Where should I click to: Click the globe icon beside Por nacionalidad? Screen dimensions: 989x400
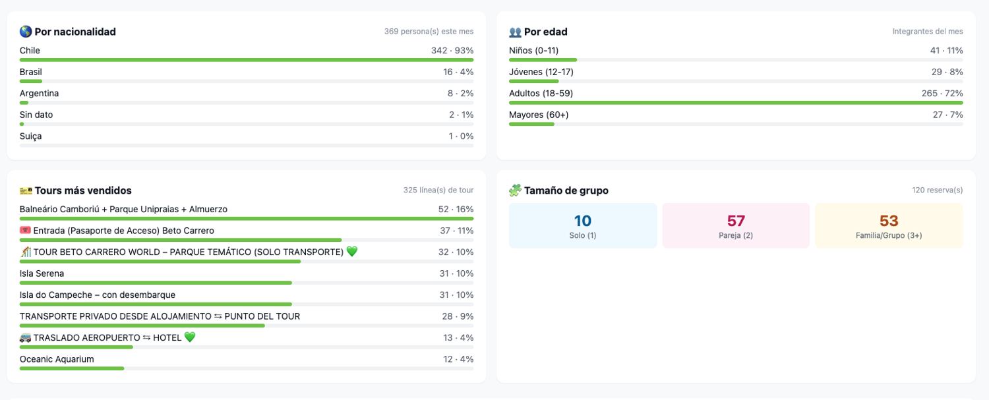(x=26, y=32)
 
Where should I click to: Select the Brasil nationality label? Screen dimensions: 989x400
(x=30, y=72)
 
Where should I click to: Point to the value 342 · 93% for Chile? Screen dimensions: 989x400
(x=452, y=50)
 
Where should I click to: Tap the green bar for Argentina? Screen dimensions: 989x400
(x=24, y=103)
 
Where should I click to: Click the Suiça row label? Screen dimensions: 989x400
(x=30, y=136)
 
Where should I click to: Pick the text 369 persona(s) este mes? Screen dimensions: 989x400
(x=429, y=32)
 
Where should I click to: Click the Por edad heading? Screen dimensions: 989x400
(x=545, y=32)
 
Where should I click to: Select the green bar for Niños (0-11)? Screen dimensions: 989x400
(x=543, y=60)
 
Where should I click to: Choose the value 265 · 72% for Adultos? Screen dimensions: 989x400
(x=942, y=93)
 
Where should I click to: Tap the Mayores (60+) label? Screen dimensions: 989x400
(x=539, y=115)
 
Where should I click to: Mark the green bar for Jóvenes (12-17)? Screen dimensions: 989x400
(x=534, y=81)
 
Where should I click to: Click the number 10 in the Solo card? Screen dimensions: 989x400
(x=582, y=220)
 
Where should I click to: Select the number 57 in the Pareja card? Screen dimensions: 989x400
(x=736, y=220)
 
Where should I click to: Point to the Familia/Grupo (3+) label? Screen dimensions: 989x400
(x=889, y=235)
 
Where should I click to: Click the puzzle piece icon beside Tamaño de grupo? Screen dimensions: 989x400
(x=515, y=190)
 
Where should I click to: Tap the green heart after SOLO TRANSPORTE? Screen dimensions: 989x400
(x=352, y=251)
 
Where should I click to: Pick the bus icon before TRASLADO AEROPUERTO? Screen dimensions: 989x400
(x=25, y=338)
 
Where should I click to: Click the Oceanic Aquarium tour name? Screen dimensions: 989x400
(x=57, y=359)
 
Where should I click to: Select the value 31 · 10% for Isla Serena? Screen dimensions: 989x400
(x=456, y=273)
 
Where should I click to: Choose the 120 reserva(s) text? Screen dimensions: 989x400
(x=938, y=190)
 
